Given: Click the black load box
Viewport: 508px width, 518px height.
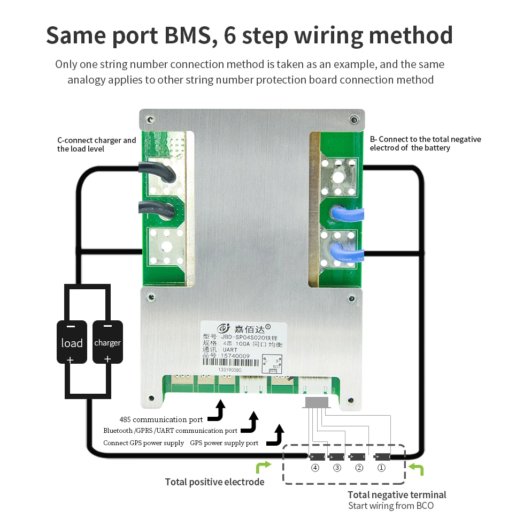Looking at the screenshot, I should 72,342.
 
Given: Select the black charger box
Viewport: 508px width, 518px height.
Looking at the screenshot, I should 107,342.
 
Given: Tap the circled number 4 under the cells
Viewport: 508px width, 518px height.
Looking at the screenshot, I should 315,468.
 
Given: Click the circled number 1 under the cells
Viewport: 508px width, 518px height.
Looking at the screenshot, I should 381,468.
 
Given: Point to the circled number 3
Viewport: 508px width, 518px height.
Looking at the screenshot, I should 337,468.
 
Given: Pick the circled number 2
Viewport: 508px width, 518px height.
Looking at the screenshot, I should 359,468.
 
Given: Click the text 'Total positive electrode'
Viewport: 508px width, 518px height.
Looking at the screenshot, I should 214,482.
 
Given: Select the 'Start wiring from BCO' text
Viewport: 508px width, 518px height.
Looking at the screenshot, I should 390,506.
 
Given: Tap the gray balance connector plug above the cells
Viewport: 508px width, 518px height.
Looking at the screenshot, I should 317,402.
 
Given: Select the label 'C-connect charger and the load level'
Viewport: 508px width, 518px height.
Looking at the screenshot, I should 97,144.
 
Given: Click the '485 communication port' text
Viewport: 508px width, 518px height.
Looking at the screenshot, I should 161,419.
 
